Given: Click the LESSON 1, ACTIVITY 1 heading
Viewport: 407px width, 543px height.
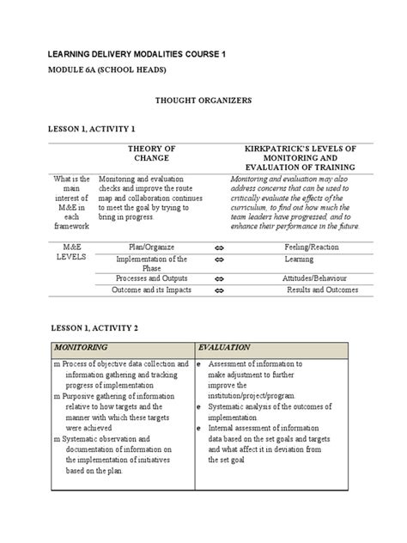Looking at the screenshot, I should [x=90, y=128].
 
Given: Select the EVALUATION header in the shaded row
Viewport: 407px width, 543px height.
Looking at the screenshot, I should [x=224, y=347].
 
